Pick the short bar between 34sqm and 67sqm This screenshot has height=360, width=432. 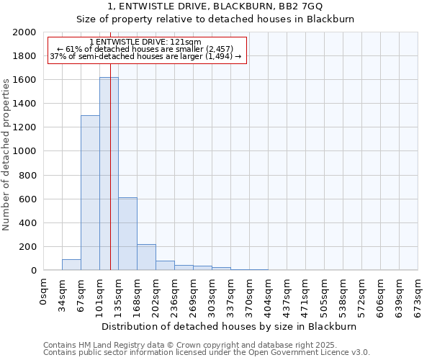click(x=71, y=264)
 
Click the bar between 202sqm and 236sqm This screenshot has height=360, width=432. click(x=165, y=265)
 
